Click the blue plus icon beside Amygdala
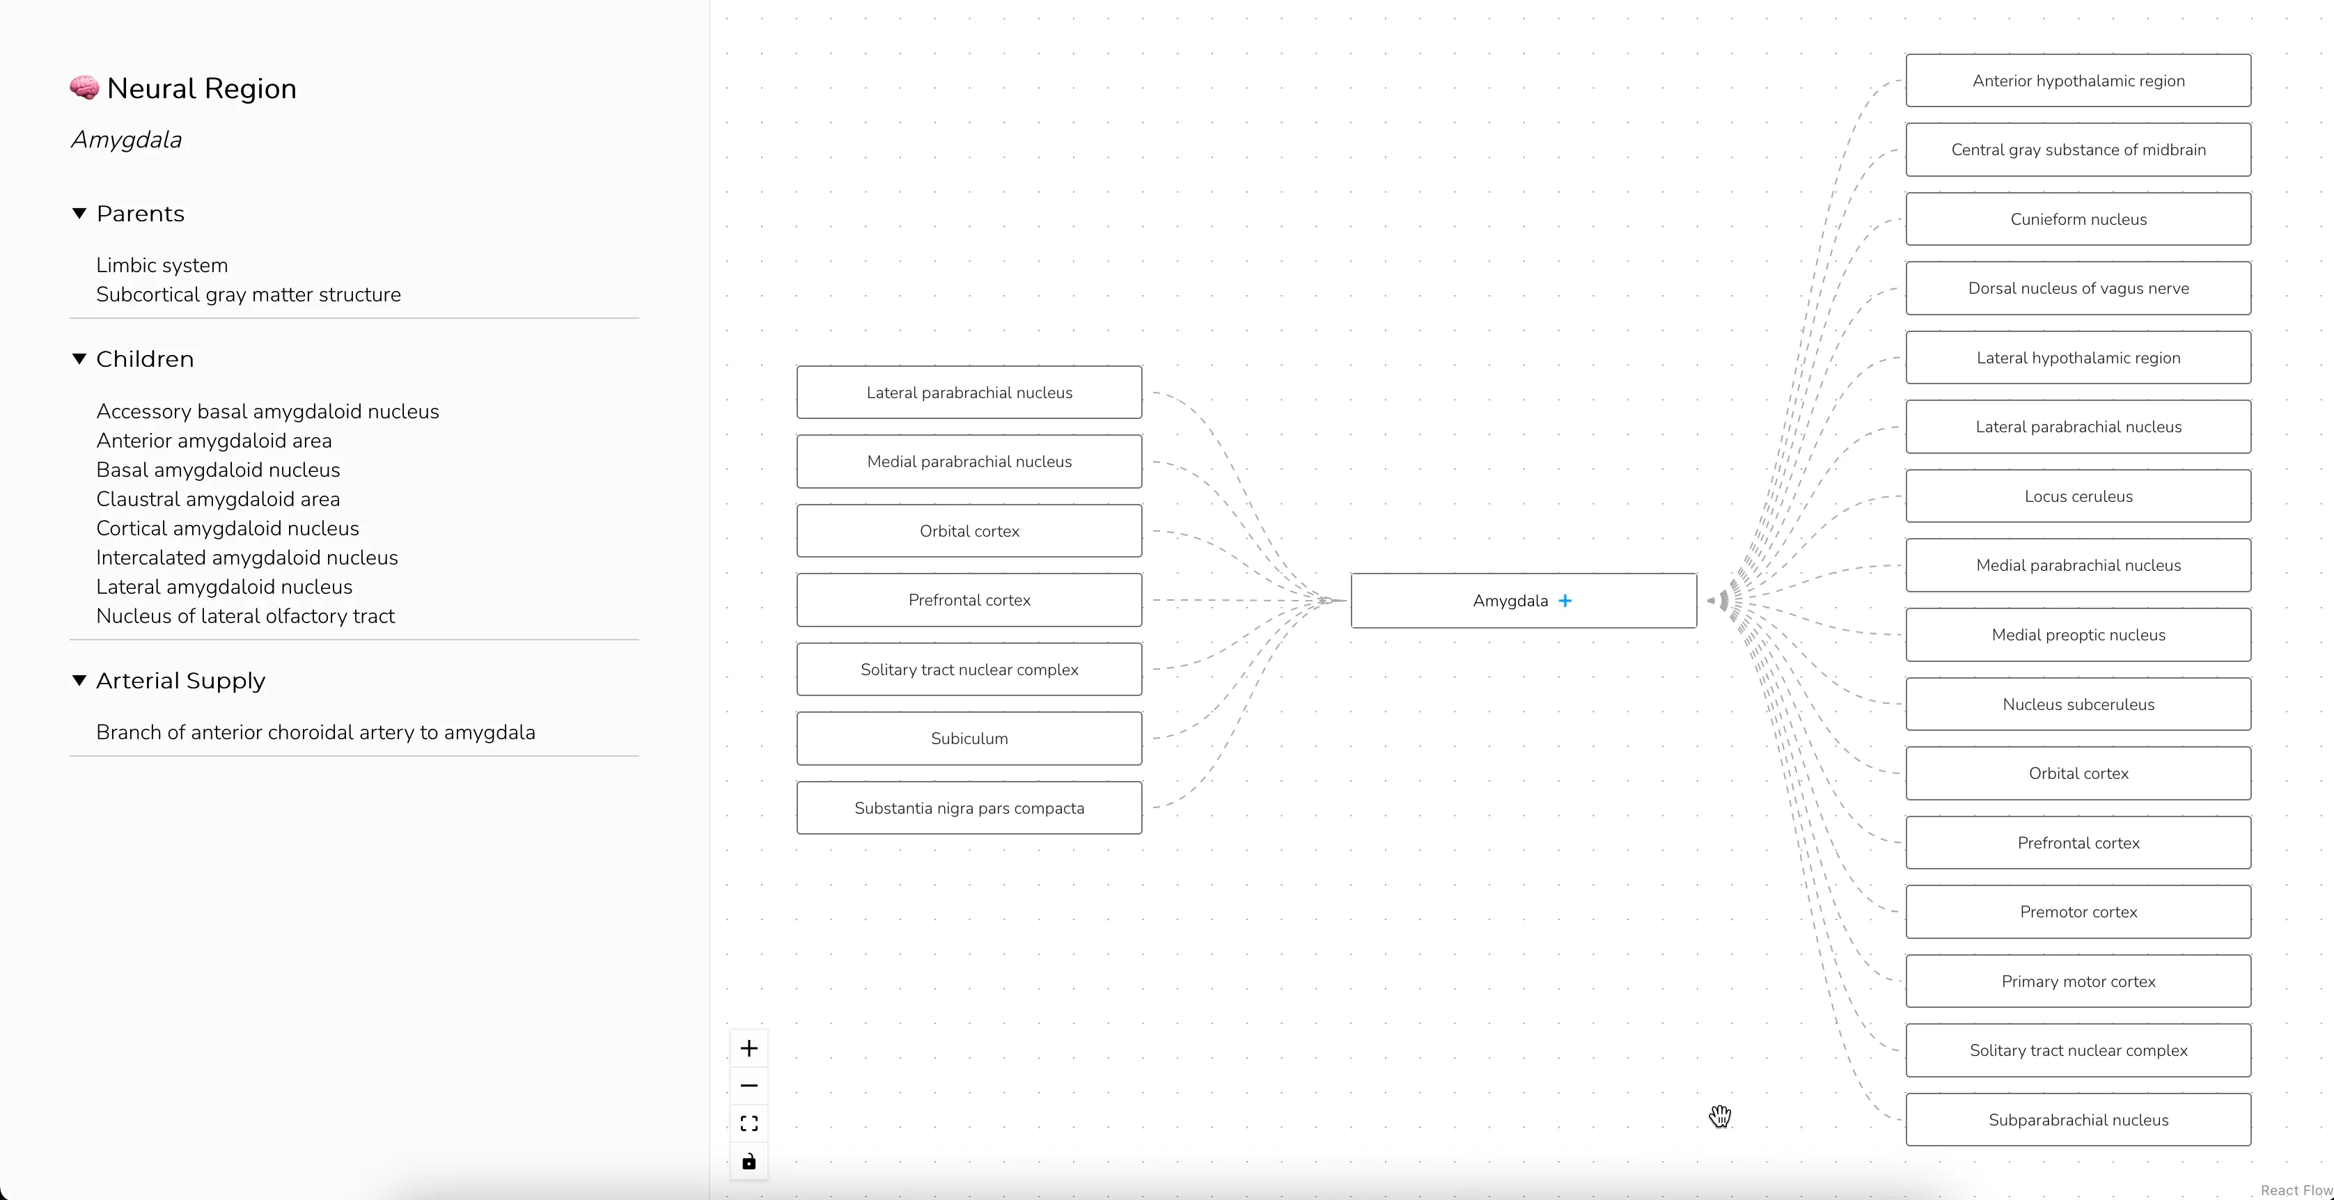click(x=1565, y=601)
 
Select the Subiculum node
click(x=969, y=738)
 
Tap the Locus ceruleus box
click(x=2078, y=496)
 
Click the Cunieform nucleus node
click(x=2078, y=219)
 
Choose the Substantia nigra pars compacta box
click(x=969, y=808)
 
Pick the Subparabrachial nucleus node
click(x=2078, y=1119)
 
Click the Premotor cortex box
click(x=2078, y=912)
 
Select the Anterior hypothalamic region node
click(x=2078, y=81)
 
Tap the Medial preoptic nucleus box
click(x=2078, y=635)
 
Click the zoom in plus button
click(x=749, y=1048)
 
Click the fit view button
click(x=749, y=1123)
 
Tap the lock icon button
click(x=749, y=1161)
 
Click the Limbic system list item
click(x=162, y=265)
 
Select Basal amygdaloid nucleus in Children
click(x=219, y=470)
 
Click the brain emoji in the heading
click(x=84, y=88)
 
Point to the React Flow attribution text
click(x=2296, y=1190)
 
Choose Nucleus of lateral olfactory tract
click(x=246, y=616)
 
